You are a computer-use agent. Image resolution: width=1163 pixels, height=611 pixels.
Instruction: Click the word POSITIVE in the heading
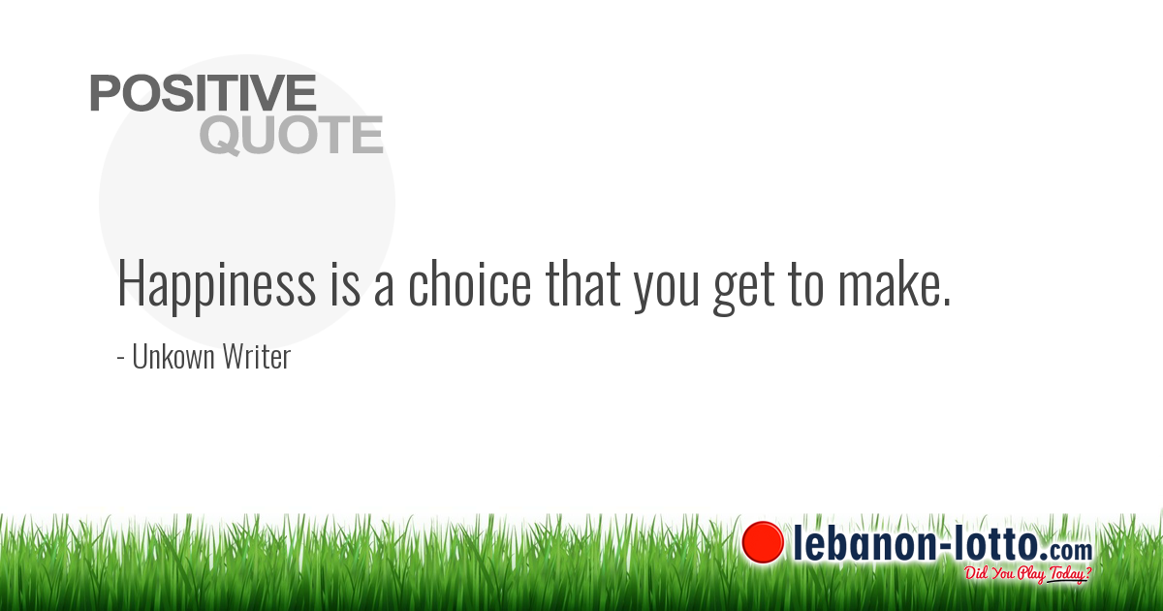point(203,92)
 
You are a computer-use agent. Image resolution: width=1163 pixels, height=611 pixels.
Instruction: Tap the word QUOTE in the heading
point(292,135)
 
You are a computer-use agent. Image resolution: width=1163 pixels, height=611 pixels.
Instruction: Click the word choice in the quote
point(470,282)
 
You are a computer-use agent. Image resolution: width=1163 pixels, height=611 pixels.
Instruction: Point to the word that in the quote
point(583,282)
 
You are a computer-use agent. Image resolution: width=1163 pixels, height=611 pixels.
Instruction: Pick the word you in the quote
point(667,291)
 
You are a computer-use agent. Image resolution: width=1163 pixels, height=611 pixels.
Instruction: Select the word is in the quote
point(345,282)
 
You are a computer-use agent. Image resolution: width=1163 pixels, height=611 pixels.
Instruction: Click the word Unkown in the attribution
point(173,357)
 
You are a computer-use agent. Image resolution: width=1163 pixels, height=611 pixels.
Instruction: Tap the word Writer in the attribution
point(257,357)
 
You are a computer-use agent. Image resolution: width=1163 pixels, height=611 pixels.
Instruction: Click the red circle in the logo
point(763,542)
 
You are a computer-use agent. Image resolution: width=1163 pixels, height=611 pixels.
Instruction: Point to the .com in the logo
point(1066,551)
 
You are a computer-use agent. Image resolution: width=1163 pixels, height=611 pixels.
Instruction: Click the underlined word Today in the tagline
point(1066,573)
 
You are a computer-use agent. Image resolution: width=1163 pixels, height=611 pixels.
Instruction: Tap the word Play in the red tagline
point(1030,574)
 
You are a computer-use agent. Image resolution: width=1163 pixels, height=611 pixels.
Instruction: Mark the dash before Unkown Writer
point(120,358)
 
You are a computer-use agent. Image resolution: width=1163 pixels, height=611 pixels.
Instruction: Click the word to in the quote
point(805,286)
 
